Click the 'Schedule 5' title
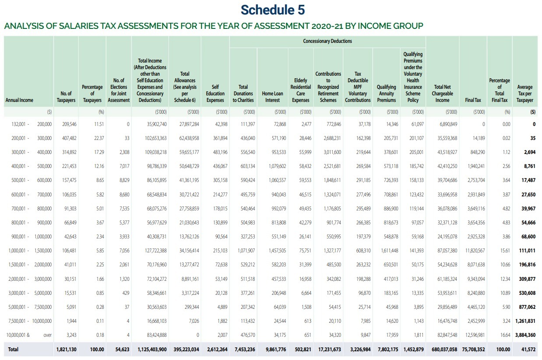click(273, 10)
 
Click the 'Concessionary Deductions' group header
click(327, 41)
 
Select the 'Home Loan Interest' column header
click(272, 97)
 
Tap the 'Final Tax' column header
click(473, 100)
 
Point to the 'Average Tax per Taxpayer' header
click(525, 94)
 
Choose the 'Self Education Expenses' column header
click(215, 94)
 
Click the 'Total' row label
click(13, 350)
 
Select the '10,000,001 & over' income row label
click(29, 335)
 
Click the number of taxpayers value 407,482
click(69, 138)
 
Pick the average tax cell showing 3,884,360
click(525, 335)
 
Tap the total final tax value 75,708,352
click(473, 350)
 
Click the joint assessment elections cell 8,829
click(124, 180)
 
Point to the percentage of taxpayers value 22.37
click(99, 138)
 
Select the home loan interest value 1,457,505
click(277, 251)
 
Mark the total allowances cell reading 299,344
click(192, 307)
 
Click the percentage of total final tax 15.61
click(505, 251)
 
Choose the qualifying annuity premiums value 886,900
click(391, 208)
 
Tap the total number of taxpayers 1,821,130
click(66, 350)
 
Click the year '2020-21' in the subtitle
click(327, 26)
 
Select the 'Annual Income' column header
click(19, 100)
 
